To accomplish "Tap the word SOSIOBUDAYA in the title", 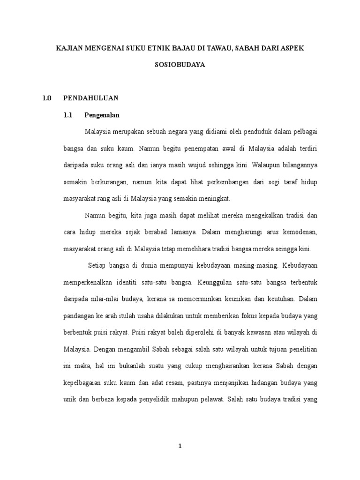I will [180, 66].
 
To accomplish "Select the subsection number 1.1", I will [68, 114].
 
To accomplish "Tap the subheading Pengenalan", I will [102, 114].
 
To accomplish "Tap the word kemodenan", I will [298, 232].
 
